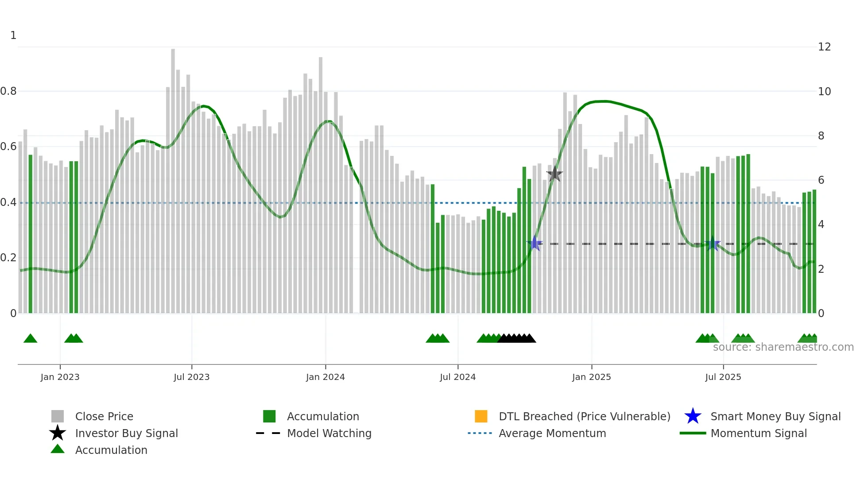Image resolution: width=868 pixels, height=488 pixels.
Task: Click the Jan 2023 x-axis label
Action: (x=60, y=377)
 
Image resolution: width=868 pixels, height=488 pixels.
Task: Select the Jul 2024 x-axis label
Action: (x=457, y=377)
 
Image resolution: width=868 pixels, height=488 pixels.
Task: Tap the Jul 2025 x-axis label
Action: (x=723, y=377)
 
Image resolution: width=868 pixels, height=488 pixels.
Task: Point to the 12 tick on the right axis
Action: (x=824, y=47)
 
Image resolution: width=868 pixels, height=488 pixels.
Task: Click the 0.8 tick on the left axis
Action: (x=8, y=91)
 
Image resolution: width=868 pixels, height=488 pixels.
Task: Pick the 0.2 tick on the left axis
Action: (x=8, y=258)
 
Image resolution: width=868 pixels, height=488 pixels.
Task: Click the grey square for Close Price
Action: (x=58, y=416)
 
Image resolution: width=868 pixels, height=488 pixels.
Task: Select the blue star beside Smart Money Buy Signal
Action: (x=693, y=416)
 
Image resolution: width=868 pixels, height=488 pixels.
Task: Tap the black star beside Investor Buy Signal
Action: (x=58, y=433)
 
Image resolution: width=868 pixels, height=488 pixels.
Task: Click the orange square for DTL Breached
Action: (x=481, y=416)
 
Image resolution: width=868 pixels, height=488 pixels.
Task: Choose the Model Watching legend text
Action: (x=329, y=433)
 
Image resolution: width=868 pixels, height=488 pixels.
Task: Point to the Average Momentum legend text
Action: (x=552, y=433)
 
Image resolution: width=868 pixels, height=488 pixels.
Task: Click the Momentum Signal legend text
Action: (x=759, y=433)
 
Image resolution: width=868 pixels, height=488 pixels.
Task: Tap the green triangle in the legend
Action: (x=58, y=449)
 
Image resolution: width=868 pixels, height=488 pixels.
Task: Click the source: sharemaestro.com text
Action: (x=783, y=347)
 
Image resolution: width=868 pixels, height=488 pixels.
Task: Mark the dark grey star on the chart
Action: (x=554, y=174)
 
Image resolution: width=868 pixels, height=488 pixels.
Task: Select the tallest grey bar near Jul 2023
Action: (x=173, y=177)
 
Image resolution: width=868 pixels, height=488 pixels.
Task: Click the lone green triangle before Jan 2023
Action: (x=30, y=339)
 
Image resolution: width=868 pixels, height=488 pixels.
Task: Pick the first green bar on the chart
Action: (x=31, y=235)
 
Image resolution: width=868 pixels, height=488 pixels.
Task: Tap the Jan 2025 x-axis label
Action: (x=591, y=377)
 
